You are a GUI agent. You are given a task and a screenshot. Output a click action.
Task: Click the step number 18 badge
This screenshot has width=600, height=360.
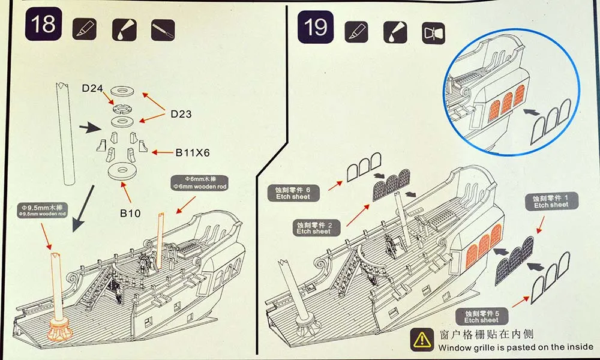[x=43, y=24]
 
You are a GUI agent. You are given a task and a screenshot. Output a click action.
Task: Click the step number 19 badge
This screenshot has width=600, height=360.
[x=316, y=27]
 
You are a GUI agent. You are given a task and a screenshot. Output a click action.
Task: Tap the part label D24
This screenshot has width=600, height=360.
[x=92, y=88]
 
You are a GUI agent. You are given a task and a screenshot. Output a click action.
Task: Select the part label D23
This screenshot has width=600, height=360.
[x=181, y=114]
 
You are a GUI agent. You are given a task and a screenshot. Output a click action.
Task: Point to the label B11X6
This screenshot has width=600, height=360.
[x=193, y=152]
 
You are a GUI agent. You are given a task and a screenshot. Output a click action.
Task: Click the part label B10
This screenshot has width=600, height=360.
[x=130, y=213]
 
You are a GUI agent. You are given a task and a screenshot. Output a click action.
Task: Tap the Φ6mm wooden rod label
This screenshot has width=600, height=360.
[x=200, y=183]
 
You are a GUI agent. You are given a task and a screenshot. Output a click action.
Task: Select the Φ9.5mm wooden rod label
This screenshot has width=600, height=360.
[x=42, y=211]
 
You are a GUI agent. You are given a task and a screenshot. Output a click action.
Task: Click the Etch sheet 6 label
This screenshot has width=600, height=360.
[x=293, y=193]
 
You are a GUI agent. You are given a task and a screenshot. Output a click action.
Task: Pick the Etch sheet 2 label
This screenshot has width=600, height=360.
[x=313, y=227]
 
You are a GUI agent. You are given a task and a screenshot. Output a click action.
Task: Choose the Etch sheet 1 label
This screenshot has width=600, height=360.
[x=551, y=201]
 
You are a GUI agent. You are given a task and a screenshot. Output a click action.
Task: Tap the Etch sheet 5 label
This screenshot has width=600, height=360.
[x=482, y=316]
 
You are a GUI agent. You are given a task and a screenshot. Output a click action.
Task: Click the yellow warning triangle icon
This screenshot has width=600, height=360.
[x=422, y=340]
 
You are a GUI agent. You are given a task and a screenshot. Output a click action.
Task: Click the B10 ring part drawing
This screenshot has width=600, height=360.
[x=122, y=170]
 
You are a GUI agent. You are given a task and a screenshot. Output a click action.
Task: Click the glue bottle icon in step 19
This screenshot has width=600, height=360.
[x=395, y=32]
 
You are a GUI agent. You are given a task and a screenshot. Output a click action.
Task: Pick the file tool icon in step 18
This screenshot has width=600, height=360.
[x=163, y=30]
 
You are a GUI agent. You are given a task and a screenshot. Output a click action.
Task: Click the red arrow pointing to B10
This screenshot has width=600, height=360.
[x=126, y=193]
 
